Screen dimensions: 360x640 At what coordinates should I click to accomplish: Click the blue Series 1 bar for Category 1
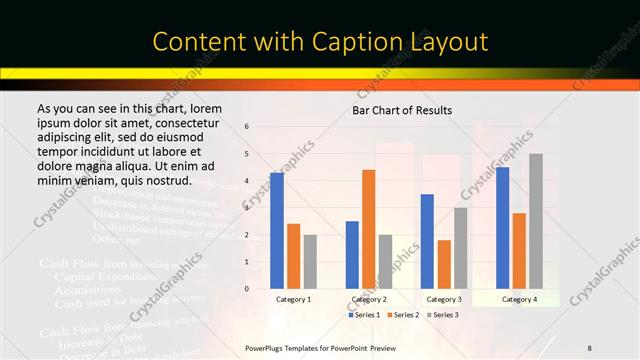coord(277,231)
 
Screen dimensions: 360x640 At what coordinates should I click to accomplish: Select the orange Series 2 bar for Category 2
coord(369,229)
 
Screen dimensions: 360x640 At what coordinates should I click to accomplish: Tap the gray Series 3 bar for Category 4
coord(536,221)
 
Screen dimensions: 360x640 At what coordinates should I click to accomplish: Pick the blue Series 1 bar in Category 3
coord(427,241)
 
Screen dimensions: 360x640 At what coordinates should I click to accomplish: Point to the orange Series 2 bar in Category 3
coord(444,264)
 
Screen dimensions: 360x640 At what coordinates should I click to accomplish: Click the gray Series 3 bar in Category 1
coord(310,262)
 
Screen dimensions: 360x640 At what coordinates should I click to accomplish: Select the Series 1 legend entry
coord(365,314)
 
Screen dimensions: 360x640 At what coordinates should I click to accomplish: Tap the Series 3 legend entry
coord(443,314)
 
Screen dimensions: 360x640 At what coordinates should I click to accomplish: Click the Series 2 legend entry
coord(404,314)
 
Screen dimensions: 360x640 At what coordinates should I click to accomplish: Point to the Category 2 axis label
coord(369,299)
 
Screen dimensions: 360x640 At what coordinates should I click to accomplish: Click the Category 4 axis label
coord(519,299)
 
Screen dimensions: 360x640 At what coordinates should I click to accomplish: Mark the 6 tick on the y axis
coord(247,127)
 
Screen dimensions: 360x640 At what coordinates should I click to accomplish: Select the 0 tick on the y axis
coord(247,289)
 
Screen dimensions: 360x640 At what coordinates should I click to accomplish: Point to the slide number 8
coord(590,347)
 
